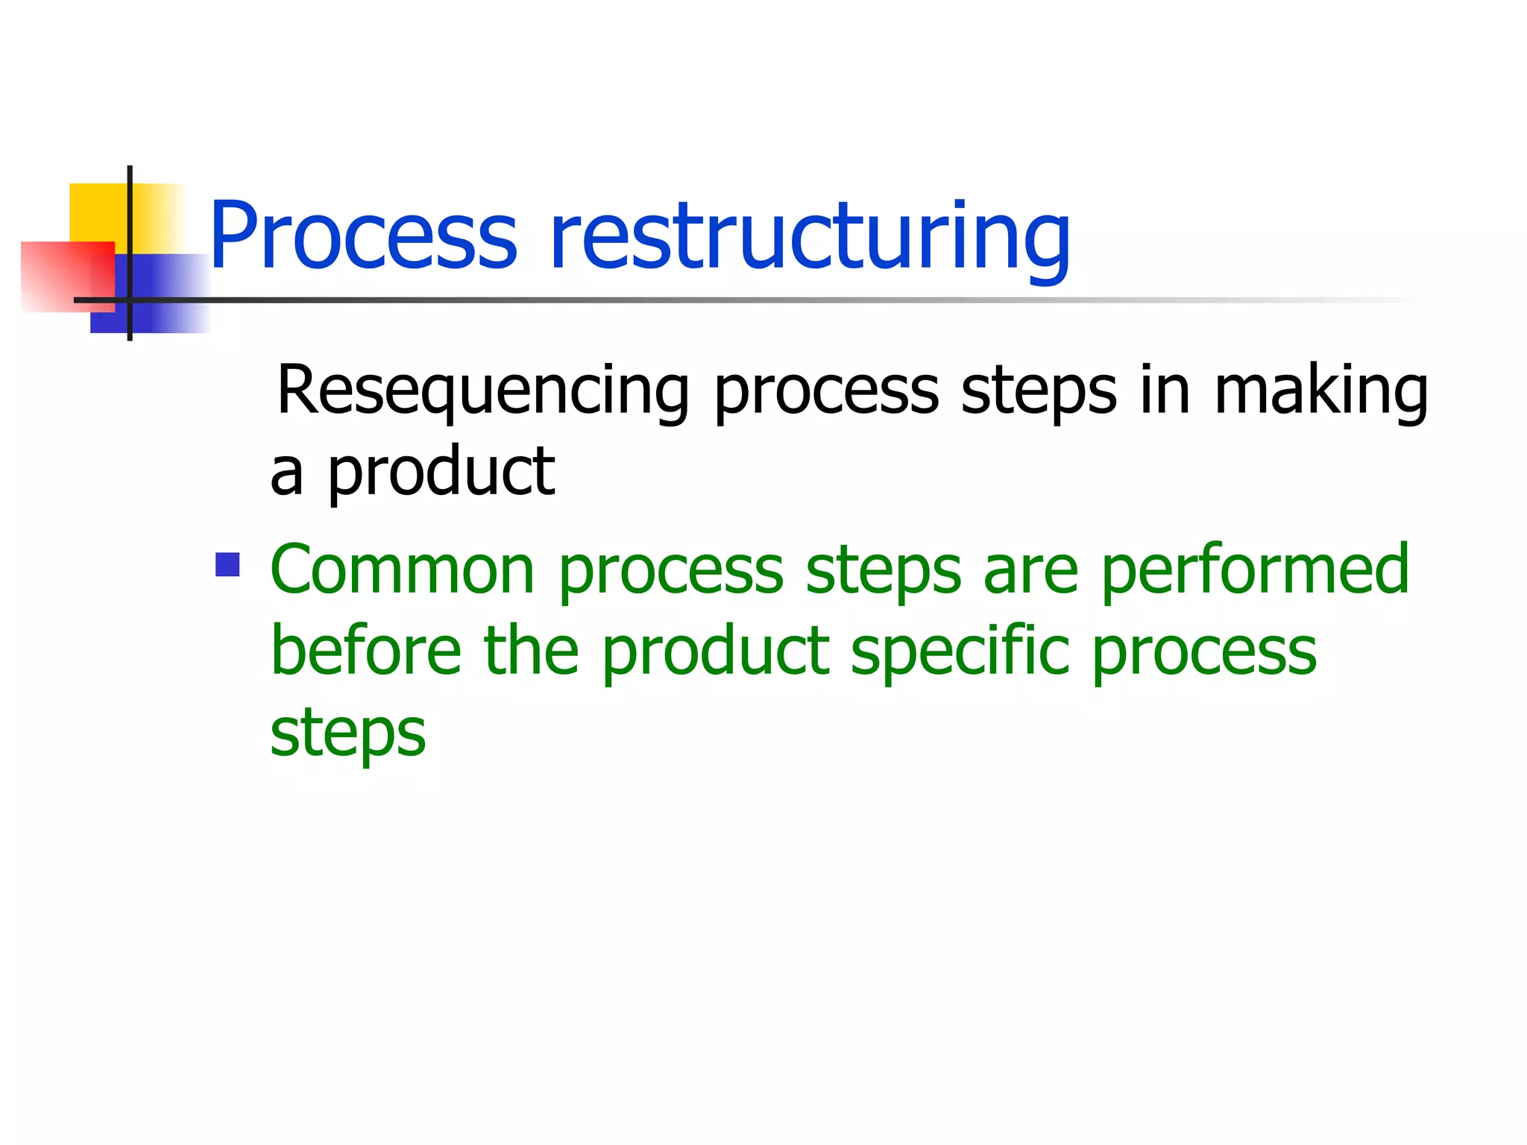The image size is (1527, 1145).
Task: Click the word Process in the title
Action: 363,236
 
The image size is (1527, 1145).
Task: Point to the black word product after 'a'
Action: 441,473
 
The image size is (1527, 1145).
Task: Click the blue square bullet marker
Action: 227,564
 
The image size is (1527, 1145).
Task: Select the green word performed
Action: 1254,570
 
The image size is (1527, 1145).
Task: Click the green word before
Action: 366,651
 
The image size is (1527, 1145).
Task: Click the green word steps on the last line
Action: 347,734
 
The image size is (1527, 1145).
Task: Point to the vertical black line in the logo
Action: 130,224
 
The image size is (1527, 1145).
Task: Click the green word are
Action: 1030,570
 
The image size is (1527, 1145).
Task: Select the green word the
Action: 531,651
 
